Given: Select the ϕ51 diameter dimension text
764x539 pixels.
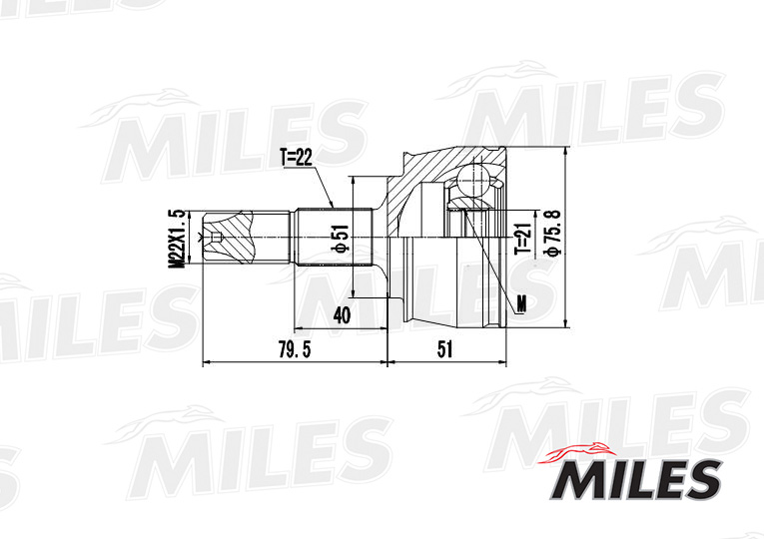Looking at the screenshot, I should click(340, 240).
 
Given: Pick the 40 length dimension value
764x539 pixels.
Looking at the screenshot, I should click(342, 314).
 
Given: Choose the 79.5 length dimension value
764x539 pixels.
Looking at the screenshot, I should click(290, 349).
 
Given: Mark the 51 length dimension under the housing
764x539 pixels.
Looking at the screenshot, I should click(445, 349).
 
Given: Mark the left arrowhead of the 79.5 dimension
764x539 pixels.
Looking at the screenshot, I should click(206, 363).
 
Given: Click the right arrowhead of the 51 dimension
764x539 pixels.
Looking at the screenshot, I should click(502, 363).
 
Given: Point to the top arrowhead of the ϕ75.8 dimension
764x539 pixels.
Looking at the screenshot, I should click(566, 152).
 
